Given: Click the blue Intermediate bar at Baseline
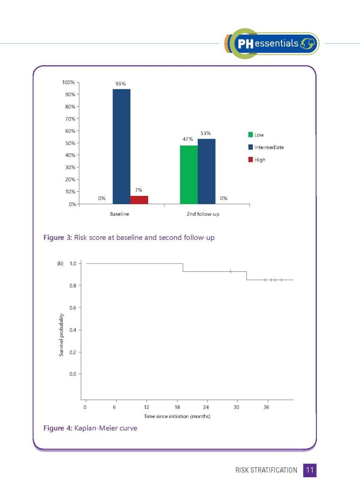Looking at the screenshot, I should pyautogui.click(x=121, y=146).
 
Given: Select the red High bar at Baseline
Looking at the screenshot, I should pyautogui.click(x=139, y=200).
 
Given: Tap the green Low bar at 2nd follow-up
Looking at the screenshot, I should pyautogui.click(x=189, y=175).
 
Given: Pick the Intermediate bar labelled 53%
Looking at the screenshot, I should pyautogui.click(x=206, y=171).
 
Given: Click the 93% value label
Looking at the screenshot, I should pyautogui.click(x=120, y=84).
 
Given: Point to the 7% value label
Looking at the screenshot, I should pyautogui.click(x=139, y=190).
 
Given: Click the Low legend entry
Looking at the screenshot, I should pyautogui.click(x=256, y=135).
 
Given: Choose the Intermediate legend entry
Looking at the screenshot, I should pyautogui.click(x=266, y=147).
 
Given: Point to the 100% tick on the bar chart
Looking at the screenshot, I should pyautogui.click(x=69, y=82).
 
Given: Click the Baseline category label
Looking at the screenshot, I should pyautogui.click(x=120, y=214).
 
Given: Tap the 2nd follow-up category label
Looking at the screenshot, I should pyautogui.click(x=203, y=214).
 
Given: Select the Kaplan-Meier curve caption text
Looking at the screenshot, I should pyautogui.click(x=105, y=428).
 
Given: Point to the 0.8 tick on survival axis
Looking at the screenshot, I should pyautogui.click(x=73, y=286).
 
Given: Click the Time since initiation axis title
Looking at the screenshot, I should pyautogui.click(x=177, y=416).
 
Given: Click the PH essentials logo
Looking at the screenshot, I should pyautogui.click(x=272, y=43).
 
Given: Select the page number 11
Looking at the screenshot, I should pyautogui.click(x=310, y=470).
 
